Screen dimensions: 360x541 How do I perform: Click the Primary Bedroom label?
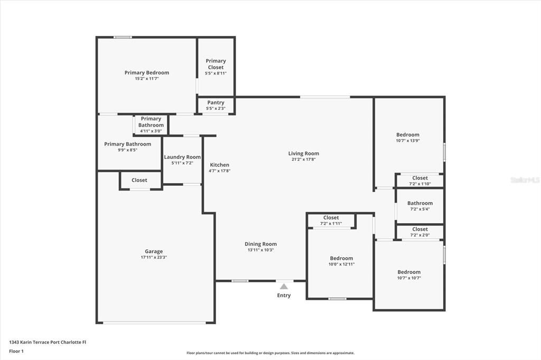coord(146,73)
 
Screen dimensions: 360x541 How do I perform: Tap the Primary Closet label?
coord(216,64)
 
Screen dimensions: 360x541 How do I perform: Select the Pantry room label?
coord(216,102)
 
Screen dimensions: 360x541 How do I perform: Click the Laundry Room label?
coord(182,157)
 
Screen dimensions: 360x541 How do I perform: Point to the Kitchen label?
coord(219,165)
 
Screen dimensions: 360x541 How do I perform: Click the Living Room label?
coord(303,154)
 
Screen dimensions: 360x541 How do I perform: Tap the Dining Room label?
coord(260,244)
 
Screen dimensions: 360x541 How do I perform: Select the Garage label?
coord(154,251)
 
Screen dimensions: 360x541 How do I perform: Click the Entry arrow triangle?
coord(284,286)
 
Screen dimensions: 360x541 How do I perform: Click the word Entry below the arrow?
coord(284,296)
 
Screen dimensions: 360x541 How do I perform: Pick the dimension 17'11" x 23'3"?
coord(154,258)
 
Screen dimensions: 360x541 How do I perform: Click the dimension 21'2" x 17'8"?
coord(303,159)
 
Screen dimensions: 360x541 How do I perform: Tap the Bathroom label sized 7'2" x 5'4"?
coord(420,203)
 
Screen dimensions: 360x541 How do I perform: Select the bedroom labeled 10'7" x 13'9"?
coord(408,135)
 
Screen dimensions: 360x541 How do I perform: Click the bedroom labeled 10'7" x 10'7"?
coord(409,272)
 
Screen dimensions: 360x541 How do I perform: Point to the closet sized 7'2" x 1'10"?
coord(420,178)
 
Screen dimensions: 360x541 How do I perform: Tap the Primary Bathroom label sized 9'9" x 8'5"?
coord(127,144)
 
